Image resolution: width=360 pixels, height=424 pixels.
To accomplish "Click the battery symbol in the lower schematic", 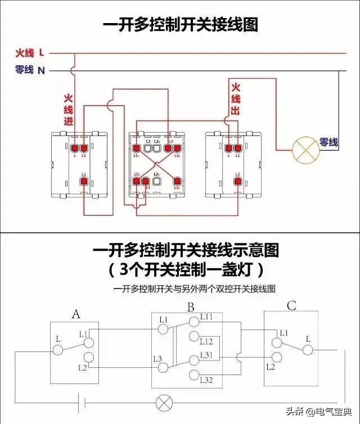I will [x=83, y=403].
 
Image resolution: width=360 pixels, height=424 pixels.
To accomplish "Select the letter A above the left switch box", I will [x=76, y=314].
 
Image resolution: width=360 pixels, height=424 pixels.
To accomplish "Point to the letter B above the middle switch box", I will [x=191, y=307].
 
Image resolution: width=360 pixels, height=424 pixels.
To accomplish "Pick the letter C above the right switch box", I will [x=291, y=306].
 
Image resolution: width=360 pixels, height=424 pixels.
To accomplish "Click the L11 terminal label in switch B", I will [x=206, y=318].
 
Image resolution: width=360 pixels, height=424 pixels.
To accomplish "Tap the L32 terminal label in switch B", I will [x=206, y=381].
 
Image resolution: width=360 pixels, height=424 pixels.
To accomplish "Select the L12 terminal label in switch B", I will [x=206, y=341].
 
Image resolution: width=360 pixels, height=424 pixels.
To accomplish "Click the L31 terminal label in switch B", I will [x=206, y=354].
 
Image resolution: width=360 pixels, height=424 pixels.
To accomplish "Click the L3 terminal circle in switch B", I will [x=164, y=368].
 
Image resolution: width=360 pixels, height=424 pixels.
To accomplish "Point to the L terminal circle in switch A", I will [x=58, y=350].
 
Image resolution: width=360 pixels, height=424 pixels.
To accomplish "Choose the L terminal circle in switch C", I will [x=307, y=350].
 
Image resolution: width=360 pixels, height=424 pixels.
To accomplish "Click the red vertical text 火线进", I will [x=68, y=109].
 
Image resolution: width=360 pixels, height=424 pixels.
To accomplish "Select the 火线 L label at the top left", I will [x=30, y=53].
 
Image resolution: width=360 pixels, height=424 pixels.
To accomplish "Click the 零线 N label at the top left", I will [x=30, y=70].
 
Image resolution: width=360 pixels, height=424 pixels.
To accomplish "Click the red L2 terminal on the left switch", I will [x=83, y=182].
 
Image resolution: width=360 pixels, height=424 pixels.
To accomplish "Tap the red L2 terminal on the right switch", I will [x=238, y=182].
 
